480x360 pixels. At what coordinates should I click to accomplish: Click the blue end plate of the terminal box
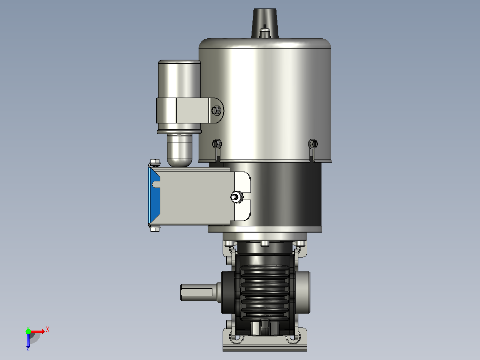(x=154, y=196)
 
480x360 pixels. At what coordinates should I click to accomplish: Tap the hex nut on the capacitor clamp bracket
(x=216, y=110)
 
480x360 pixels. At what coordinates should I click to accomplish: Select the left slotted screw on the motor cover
(x=217, y=143)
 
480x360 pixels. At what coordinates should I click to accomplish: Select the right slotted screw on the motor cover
(x=313, y=143)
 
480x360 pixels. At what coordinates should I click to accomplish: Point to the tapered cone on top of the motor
(x=265, y=23)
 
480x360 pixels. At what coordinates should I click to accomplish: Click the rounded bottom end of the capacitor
(x=179, y=151)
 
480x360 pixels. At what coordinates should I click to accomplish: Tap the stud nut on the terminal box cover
(x=236, y=196)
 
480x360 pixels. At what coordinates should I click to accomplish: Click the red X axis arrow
(x=37, y=331)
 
